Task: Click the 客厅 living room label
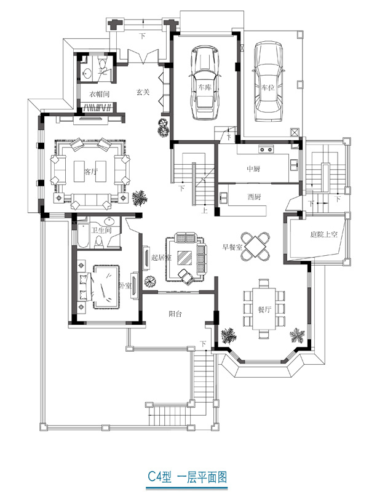90,172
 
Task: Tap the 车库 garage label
205,87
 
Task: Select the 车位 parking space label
268,87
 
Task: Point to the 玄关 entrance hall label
143,92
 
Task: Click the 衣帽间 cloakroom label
99,94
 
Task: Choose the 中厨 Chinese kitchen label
253,169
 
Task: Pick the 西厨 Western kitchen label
253,197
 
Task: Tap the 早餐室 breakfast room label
232,247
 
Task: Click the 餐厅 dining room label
264,309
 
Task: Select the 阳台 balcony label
175,314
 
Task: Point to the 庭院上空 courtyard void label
323,234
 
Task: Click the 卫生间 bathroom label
101,231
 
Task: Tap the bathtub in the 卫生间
84,236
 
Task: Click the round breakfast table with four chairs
255,247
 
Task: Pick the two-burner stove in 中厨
266,149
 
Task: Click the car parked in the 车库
205,83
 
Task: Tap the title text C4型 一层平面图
188,478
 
